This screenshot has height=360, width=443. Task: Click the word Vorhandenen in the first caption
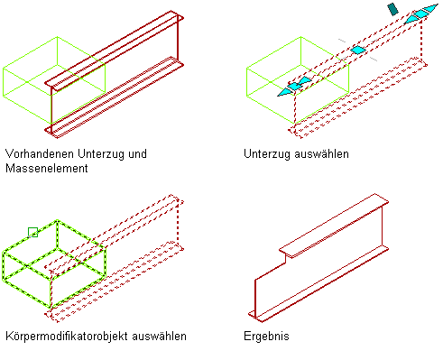click(x=40, y=153)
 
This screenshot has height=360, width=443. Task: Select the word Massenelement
click(x=47, y=168)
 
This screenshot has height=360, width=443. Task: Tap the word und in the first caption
click(x=137, y=153)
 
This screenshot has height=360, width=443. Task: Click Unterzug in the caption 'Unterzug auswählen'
click(x=267, y=154)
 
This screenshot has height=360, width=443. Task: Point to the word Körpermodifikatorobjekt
click(x=67, y=336)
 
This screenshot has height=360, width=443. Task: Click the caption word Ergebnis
click(x=266, y=336)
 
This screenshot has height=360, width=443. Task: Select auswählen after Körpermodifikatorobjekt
click(x=159, y=336)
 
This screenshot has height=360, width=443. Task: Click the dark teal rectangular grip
click(x=392, y=9)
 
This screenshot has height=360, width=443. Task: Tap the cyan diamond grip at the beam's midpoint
click(x=358, y=50)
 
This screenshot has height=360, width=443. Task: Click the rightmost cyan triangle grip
click(x=430, y=9)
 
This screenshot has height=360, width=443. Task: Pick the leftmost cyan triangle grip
click(x=284, y=92)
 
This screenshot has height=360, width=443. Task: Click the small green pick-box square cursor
click(x=32, y=232)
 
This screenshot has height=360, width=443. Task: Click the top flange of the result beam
click(x=334, y=226)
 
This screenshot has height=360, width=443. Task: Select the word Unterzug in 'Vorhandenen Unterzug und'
click(x=101, y=153)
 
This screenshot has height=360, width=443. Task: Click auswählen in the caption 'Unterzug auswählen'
click(x=321, y=154)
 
